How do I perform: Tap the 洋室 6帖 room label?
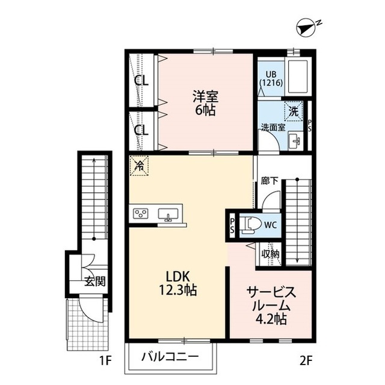[205, 102]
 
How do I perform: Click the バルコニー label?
[170, 356]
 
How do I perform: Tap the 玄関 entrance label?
[94, 280]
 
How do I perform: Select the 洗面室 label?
[273, 128]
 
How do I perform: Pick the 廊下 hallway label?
[269, 179]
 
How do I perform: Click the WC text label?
[270, 225]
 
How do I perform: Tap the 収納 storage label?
[270, 254]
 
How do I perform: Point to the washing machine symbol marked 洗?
[293, 111]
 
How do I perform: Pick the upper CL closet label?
[142, 80]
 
